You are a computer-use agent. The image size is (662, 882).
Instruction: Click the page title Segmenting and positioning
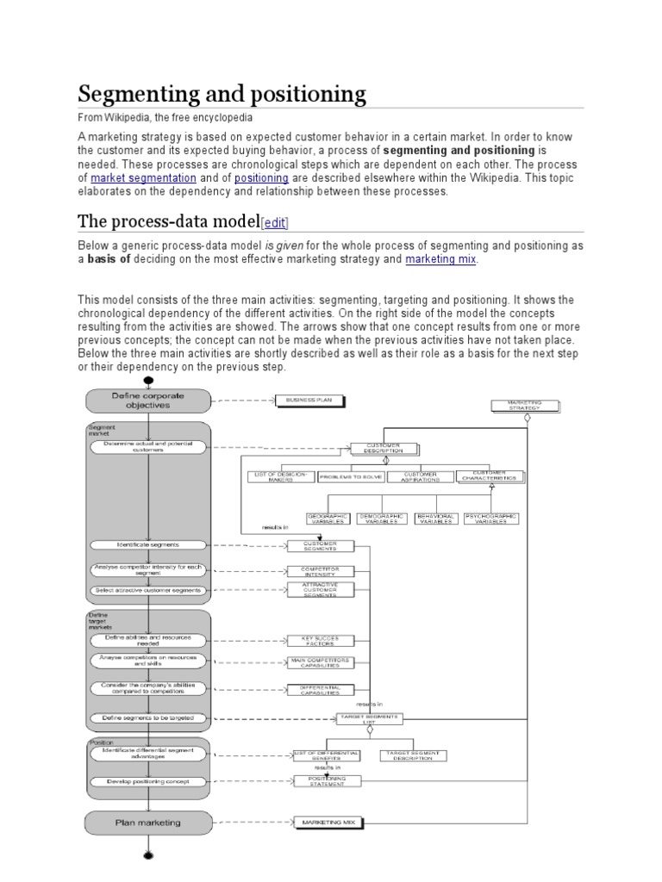point(222,93)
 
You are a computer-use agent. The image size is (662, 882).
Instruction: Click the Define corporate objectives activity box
point(147,400)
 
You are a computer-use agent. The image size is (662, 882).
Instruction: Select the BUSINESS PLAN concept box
point(309,400)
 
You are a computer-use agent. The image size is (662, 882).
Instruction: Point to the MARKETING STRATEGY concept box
point(525,405)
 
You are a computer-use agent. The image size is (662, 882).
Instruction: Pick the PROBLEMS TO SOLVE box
point(351,476)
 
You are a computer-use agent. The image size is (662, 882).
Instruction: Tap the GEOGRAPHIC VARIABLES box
point(328,519)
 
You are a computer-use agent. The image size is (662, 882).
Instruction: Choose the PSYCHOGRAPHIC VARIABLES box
point(491,519)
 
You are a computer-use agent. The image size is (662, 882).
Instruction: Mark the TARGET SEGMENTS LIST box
point(368,717)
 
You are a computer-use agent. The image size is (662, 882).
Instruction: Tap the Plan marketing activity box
point(147,823)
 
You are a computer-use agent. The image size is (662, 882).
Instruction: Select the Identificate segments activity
point(147,545)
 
